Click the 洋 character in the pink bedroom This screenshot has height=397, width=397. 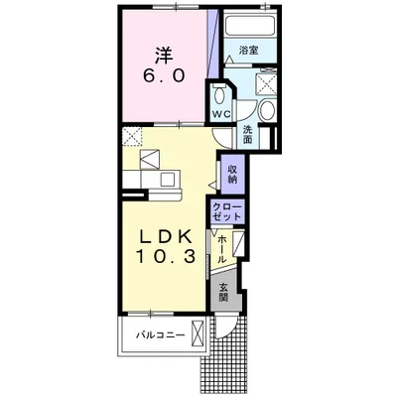click(x=164, y=57)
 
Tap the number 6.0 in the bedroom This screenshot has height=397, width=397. click(x=164, y=76)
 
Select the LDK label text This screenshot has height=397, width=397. click(x=165, y=236)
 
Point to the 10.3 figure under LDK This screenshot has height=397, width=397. click(x=165, y=256)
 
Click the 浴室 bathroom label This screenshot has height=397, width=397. click(x=249, y=51)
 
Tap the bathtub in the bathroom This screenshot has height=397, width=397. click(x=250, y=24)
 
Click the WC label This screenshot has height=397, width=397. click(x=221, y=114)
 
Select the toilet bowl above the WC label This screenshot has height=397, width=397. click(x=218, y=95)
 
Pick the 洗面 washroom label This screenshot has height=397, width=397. click(x=247, y=134)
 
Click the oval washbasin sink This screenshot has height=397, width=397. click(x=266, y=110)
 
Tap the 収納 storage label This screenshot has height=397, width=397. click(x=232, y=174)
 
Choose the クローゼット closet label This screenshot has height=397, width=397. click(x=227, y=212)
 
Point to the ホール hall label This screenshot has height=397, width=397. click(x=222, y=248)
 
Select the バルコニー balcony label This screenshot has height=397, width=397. click(x=160, y=335)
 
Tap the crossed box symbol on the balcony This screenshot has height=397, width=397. click(x=198, y=333)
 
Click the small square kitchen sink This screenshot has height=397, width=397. click(x=168, y=179)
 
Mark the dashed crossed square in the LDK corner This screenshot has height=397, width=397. click(x=132, y=137)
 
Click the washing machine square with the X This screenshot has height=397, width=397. click(x=267, y=82)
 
